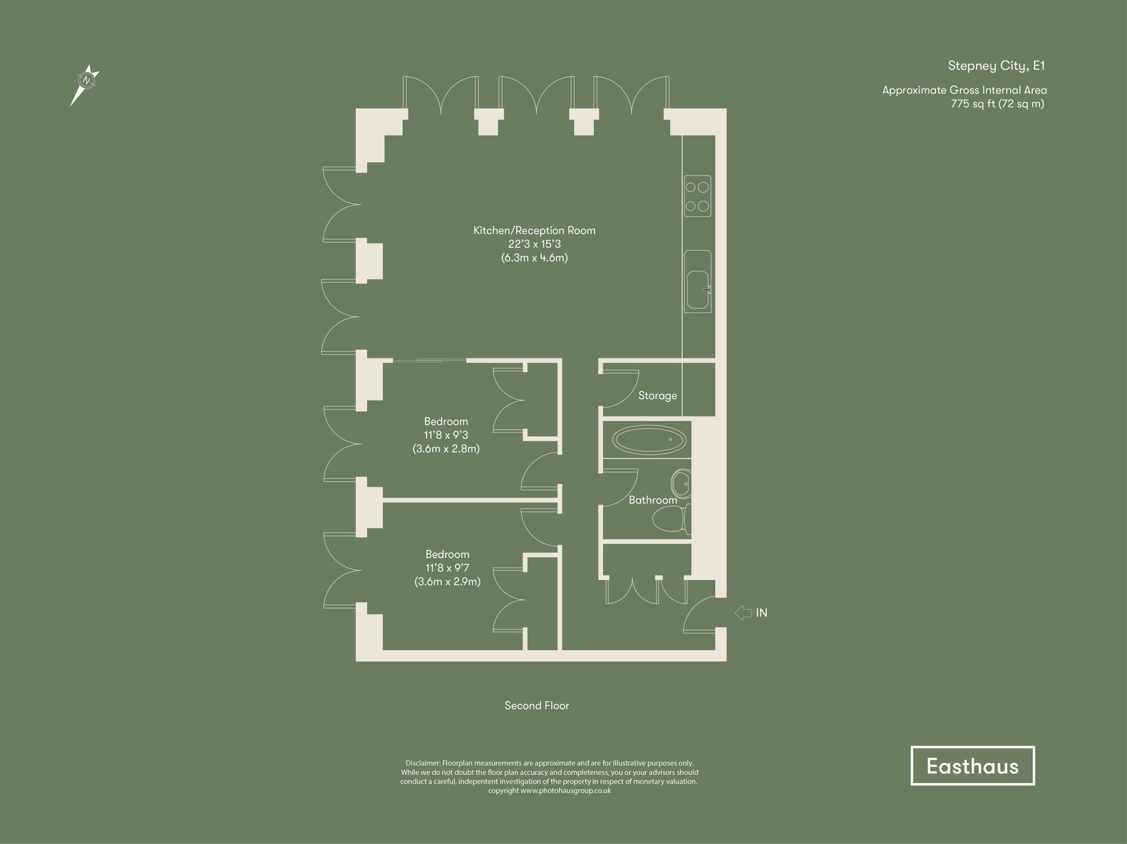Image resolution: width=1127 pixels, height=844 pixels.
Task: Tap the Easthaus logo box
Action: tap(973, 766)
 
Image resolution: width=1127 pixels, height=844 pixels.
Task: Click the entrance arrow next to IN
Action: tap(743, 612)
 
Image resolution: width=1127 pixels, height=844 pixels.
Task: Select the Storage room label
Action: tap(658, 396)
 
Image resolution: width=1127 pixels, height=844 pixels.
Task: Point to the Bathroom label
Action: tap(653, 500)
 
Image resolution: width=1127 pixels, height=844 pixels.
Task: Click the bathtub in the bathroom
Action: tap(650, 439)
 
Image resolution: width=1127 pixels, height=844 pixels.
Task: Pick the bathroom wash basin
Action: tap(681, 484)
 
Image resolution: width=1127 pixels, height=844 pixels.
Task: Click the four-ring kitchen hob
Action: tap(698, 196)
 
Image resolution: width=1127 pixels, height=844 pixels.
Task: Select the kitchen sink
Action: tap(698, 290)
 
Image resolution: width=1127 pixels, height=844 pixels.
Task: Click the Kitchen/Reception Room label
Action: tap(534, 230)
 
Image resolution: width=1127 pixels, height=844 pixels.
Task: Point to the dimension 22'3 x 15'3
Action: tap(534, 244)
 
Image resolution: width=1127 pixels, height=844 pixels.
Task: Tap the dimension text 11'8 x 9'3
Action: tap(446, 435)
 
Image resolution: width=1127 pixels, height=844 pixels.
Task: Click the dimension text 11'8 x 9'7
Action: tap(447, 568)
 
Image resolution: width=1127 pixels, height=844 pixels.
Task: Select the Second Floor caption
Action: tap(536, 705)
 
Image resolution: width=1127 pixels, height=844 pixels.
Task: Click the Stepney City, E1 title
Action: tap(996, 66)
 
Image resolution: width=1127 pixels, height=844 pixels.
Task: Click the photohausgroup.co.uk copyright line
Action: tap(549, 790)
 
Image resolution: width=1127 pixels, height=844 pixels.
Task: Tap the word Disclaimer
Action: tap(423, 763)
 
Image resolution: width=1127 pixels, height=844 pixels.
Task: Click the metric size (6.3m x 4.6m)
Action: tap(534, 258)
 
